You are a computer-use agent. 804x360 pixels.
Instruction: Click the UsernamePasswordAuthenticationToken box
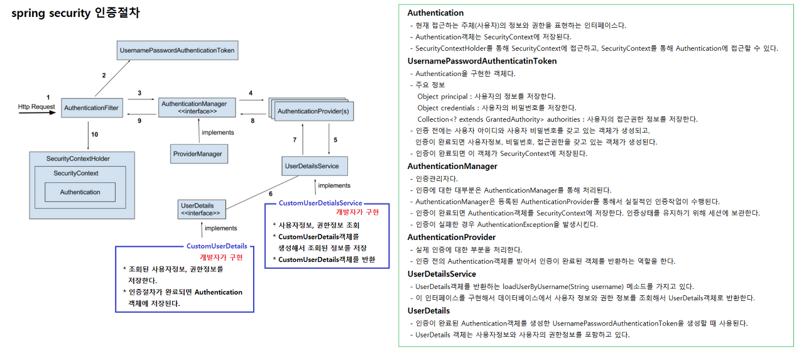[178, 50]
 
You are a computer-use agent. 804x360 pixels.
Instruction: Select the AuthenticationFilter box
[91, 108]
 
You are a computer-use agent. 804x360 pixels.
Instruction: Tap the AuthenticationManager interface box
[189, 107]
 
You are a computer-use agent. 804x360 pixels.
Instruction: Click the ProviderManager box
[198, 153]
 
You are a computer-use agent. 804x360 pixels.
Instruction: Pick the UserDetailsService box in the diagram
[312, 166]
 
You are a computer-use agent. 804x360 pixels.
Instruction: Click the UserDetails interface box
[202, 209]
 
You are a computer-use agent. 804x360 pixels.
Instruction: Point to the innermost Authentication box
[80, 192]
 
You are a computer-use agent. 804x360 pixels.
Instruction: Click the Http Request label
[36, 107]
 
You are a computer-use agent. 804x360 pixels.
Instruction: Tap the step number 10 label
[94, 134]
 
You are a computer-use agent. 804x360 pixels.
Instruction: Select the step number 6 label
[270, 194]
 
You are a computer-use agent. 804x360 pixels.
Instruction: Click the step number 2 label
[104, 75]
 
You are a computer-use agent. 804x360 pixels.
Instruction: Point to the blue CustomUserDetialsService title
[320, 203]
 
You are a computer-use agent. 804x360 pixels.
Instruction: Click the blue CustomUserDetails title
[217, 246]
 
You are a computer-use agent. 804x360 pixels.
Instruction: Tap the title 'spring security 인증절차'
[75, 13]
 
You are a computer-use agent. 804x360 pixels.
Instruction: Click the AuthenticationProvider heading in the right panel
[451, 237]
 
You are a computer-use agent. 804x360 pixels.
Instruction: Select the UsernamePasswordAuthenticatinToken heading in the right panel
[482, 61]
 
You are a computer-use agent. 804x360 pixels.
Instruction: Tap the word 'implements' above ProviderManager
[217, 133]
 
